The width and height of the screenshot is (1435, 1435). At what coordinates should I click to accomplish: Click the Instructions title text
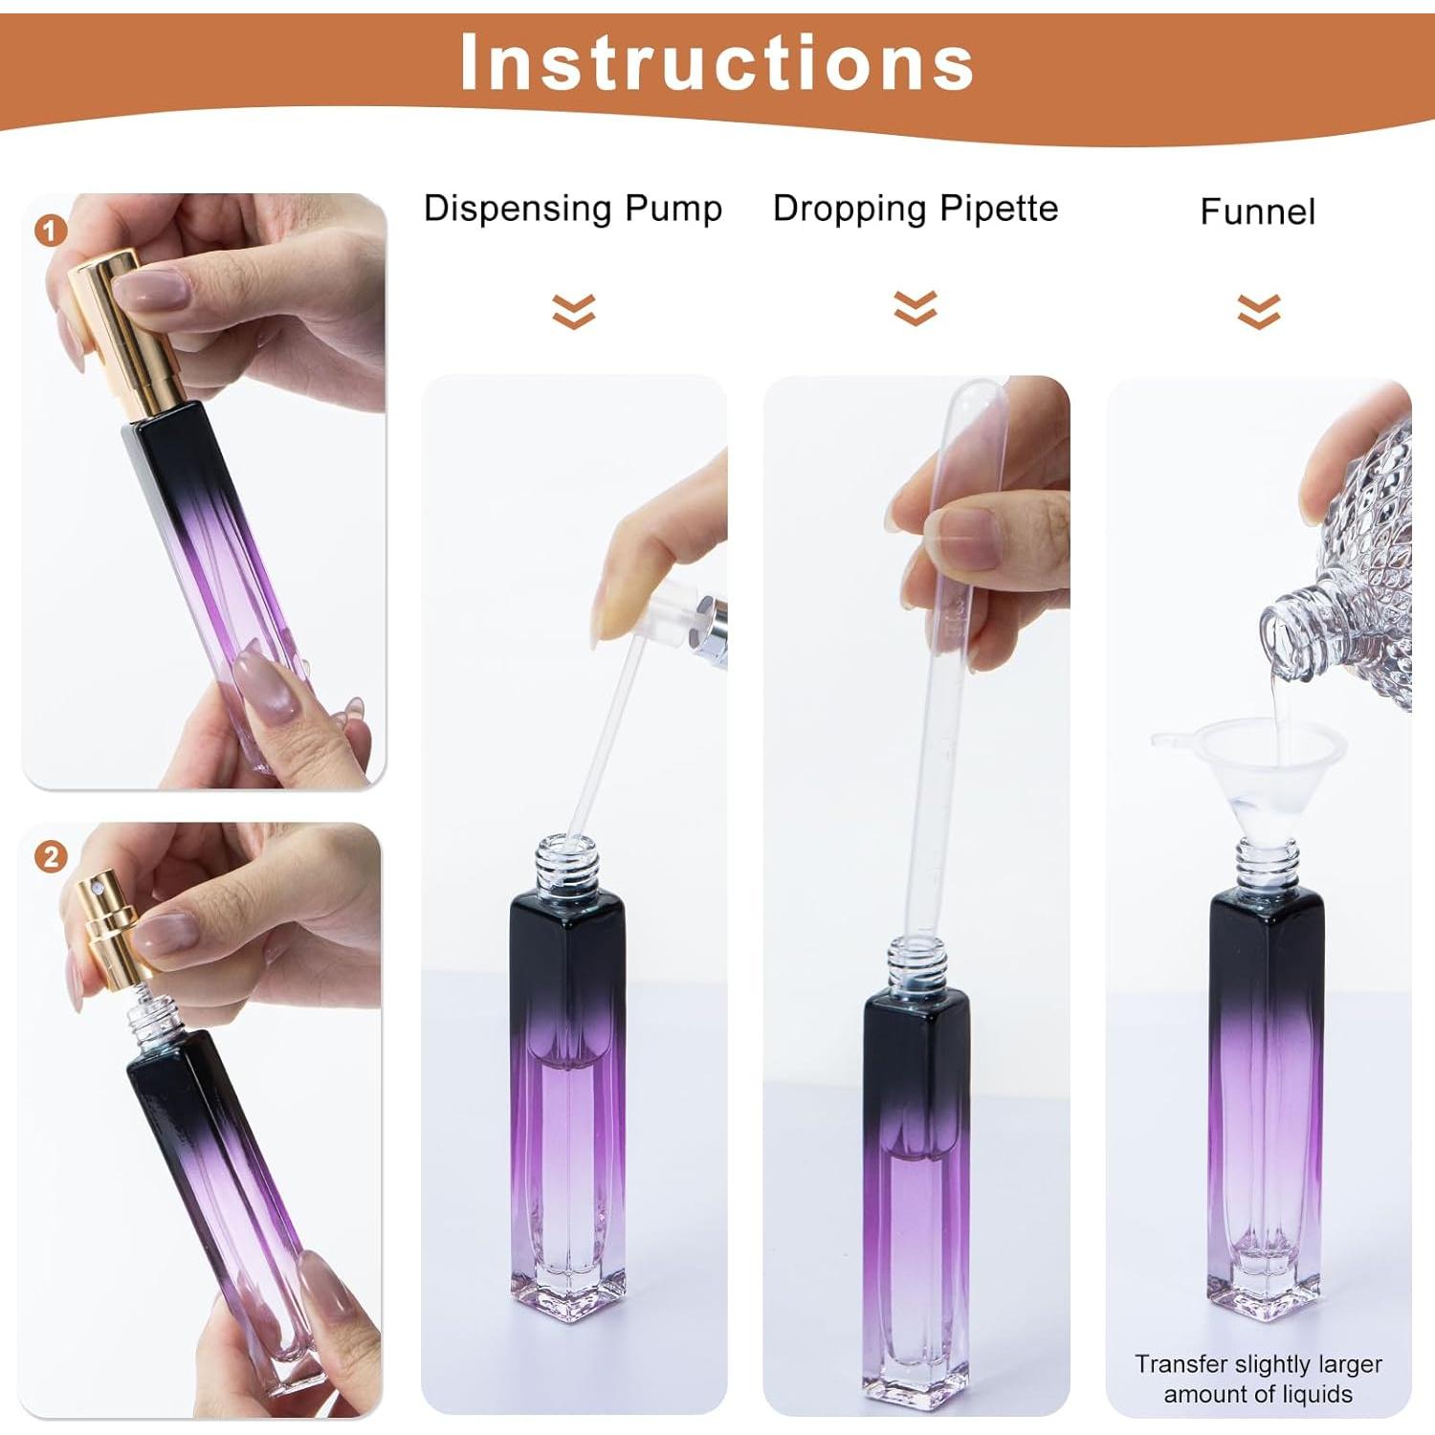tap(717, 63)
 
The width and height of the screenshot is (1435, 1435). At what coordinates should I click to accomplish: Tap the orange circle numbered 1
tap(52, 231)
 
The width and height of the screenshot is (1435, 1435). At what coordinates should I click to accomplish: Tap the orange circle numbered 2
tap(52, 855)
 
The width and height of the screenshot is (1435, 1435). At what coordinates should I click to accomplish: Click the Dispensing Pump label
tap(573, 209)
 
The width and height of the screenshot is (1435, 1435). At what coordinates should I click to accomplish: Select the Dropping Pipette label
tap(916, 209)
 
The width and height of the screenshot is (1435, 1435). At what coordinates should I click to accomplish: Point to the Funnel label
tap(1257, 211)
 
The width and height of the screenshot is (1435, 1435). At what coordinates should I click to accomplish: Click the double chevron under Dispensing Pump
tap(573, 311)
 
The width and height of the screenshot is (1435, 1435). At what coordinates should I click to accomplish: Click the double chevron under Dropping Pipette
tap(916, 308)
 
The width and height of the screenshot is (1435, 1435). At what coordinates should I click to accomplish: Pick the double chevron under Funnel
tap(1258, 311)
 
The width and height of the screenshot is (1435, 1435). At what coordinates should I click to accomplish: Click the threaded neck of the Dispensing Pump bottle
tap(566, 866)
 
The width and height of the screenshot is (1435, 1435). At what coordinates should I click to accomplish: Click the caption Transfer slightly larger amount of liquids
tap(1258, 1379)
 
